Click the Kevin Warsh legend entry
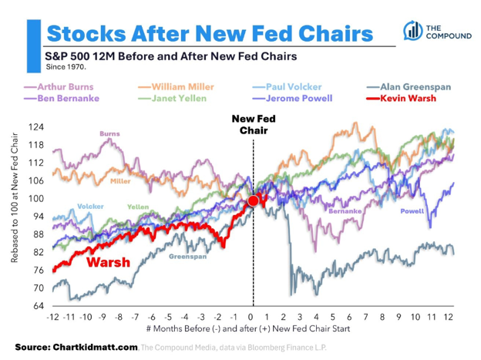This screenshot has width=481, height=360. pos(402,98)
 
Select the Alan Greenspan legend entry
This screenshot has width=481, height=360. pos(409,87)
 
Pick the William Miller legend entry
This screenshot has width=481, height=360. pos(176,87)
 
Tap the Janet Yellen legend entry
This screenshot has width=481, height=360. pos(172,98)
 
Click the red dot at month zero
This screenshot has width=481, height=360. pos(254,200)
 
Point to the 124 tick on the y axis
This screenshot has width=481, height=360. pos(36,127)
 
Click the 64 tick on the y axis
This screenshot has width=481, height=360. pos(39,306)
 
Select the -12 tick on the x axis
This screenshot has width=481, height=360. pos(52,317)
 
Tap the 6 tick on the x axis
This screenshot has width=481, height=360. pos(349,317)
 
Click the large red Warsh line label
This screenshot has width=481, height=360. pos(108,262)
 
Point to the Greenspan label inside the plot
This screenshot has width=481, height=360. pos(188,257)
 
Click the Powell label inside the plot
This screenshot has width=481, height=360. pos(412,211)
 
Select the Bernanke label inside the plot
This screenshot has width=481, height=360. pos(345,211)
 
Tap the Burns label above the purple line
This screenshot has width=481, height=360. pos(109,134)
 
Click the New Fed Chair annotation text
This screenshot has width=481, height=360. pos(254,124)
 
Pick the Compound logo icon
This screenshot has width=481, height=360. pos(413,31)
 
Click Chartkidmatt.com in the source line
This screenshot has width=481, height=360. pos(95,347)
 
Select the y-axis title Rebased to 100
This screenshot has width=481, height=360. pos(15,198)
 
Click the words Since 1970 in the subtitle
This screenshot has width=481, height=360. pos(66,67)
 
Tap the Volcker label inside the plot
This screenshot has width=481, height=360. pos(90,207)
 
